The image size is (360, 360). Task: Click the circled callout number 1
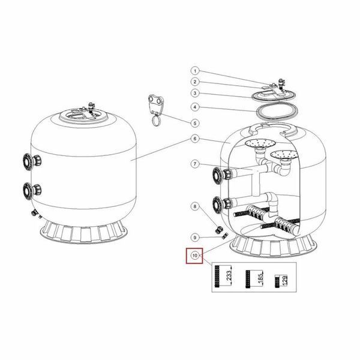point(195,71)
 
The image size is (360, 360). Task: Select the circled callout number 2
point(195,82)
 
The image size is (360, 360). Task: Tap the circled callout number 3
point(195,93)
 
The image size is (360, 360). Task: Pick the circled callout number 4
point(195,107)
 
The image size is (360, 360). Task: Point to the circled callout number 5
point(195,123)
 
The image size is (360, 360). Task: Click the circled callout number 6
point(195,139)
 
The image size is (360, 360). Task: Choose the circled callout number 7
point(195,164)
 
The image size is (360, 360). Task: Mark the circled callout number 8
point(195,206)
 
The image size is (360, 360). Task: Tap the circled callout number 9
point(195,238)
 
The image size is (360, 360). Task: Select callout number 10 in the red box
point(194,256)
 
